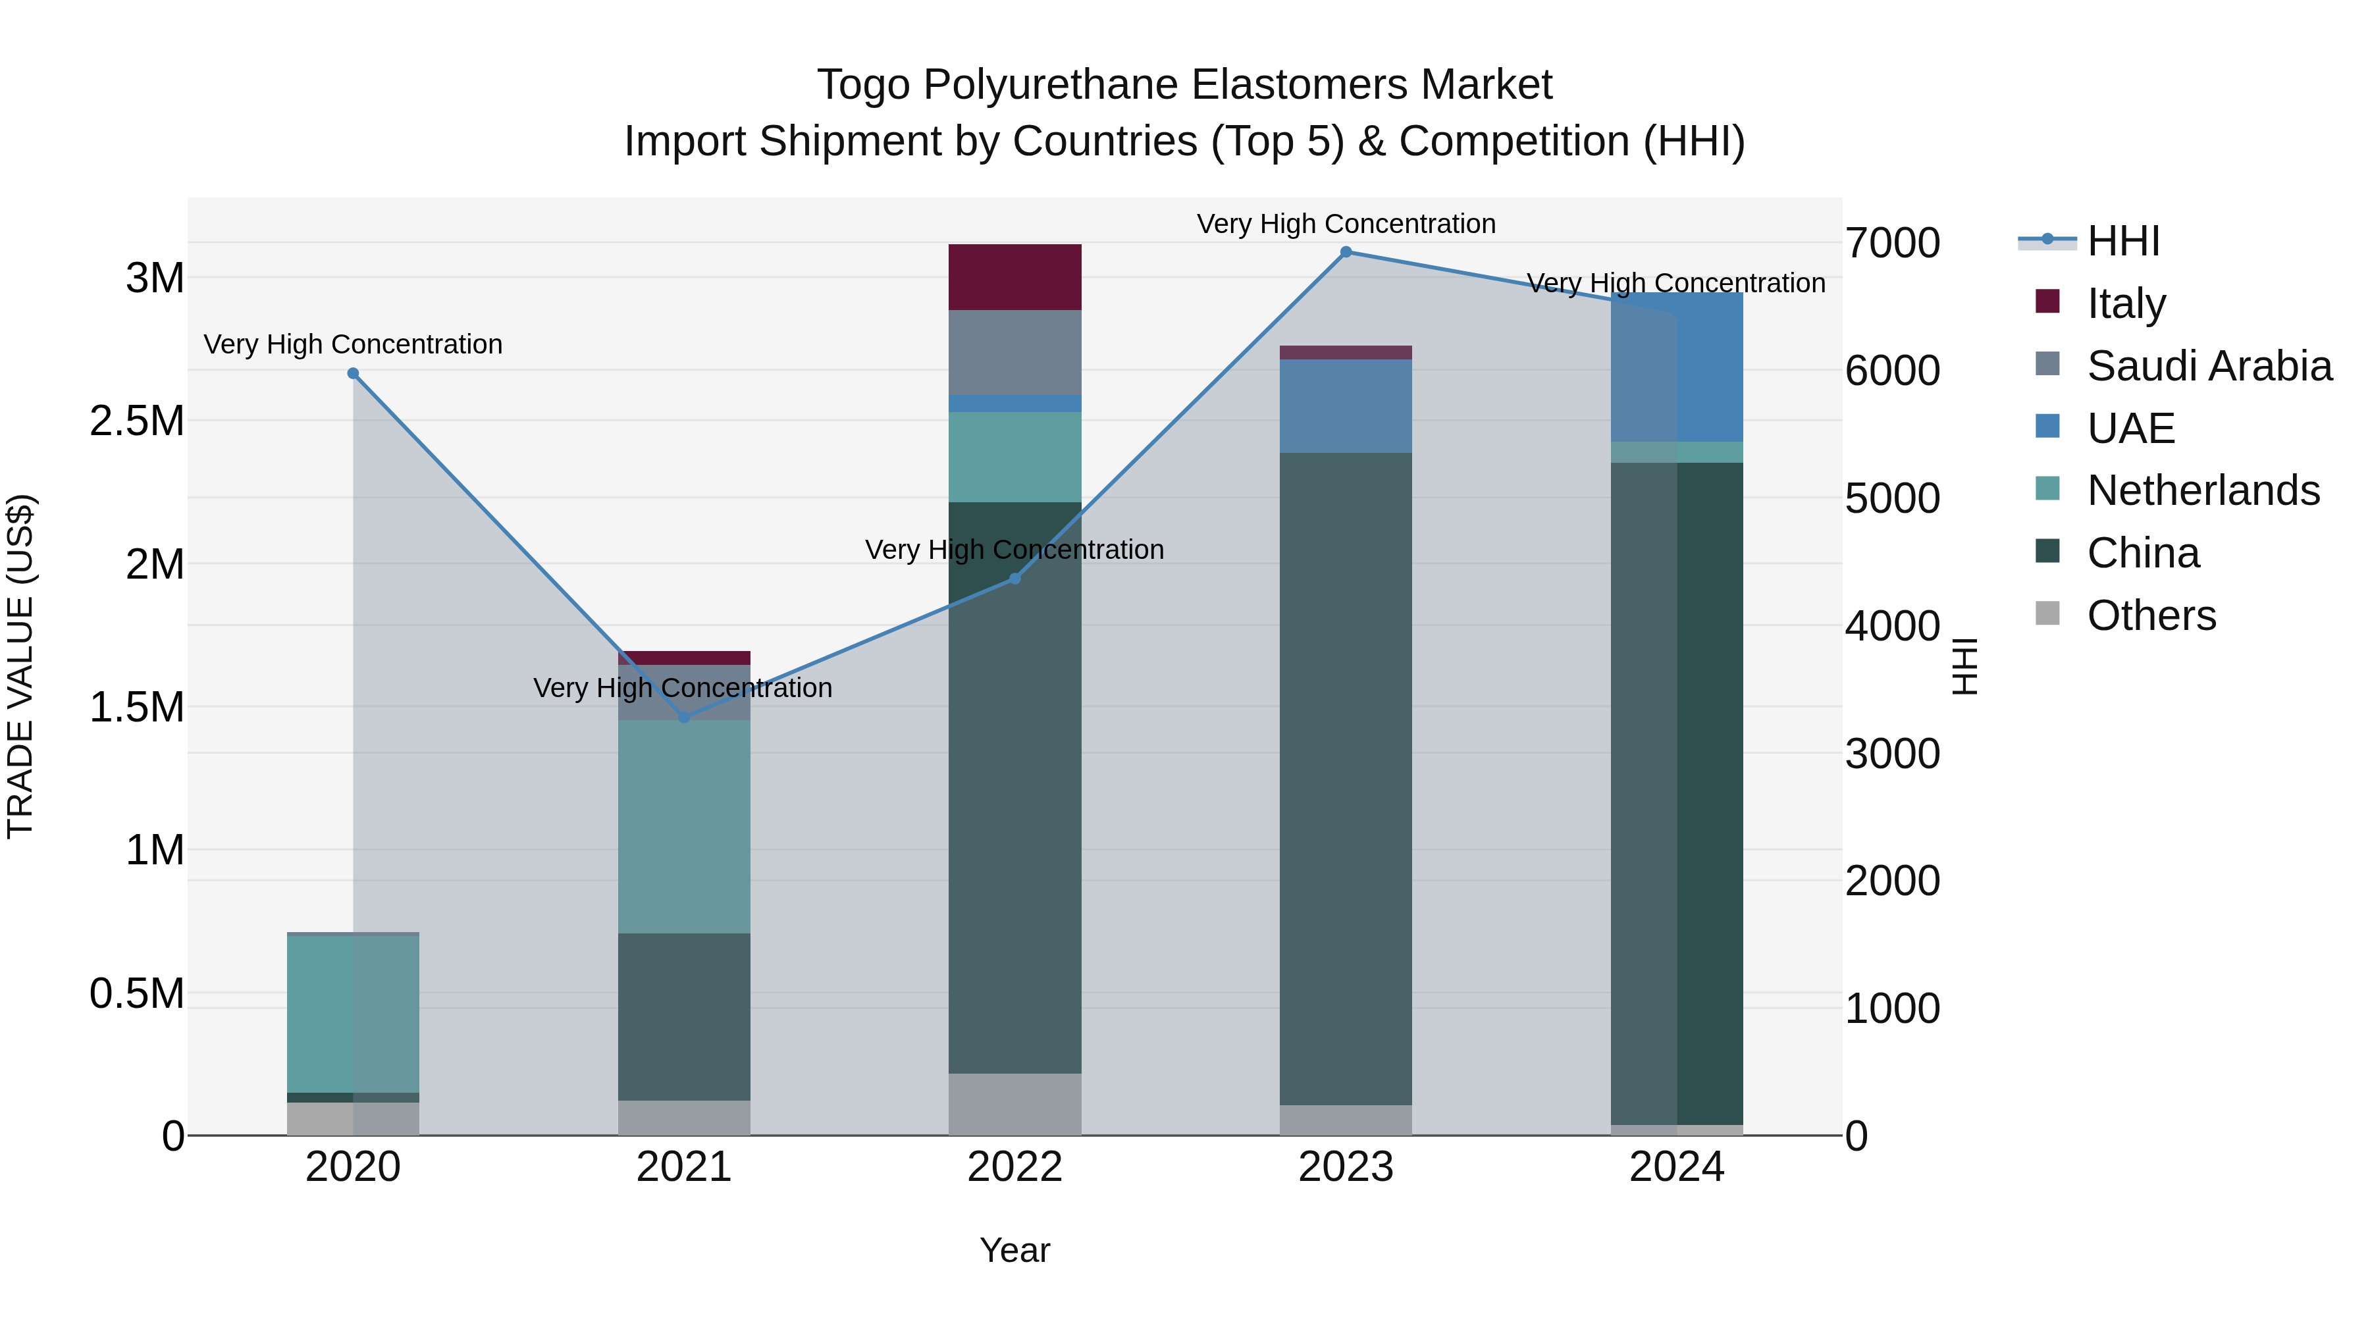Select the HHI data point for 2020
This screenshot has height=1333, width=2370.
click(x=354, y=373)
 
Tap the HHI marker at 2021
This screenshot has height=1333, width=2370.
click(x=683, y=718)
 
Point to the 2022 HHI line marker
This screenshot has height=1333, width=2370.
click(x=1014, y=579)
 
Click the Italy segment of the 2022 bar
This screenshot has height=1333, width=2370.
click(x=1014, y=277)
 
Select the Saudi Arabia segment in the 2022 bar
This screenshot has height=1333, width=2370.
click(x=1014, y=352)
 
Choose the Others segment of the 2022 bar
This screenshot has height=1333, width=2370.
click(x=1014, y=1104)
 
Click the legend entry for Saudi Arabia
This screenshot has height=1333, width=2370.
click(x=2209, y=366)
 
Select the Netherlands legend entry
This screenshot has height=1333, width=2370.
click(x=2203, y=490)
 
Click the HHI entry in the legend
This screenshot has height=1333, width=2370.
click(x=2122, y=241)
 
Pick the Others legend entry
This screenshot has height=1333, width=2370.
click(x=2151, y=615)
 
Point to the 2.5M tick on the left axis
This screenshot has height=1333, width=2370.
click(x=137, y=421)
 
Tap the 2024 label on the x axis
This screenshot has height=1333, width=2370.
click(x=1676, y=1167)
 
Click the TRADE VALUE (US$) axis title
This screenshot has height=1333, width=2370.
click(x=20, y=667)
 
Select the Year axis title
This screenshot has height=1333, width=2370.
click(x=1014, y=1250)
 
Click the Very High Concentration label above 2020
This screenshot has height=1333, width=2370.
click(x=354, y=344)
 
